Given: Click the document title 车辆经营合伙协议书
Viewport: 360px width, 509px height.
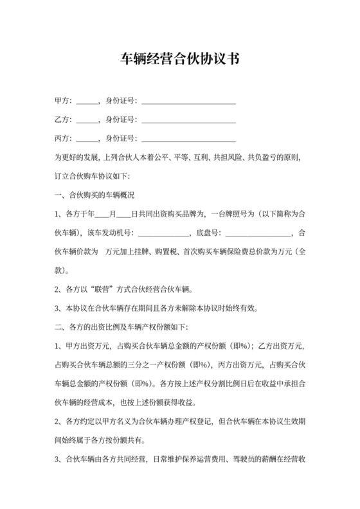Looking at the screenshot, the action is pyautogui.click(x=180, y=60).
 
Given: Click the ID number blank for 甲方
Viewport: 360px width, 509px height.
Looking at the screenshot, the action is pyautogui.click(x=188, y=101).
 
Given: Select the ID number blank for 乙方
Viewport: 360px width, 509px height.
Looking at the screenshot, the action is pyautogui.click(x=188, y=120).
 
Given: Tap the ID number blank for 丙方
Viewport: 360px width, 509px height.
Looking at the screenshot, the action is pyautogui.click(x=188, y=138).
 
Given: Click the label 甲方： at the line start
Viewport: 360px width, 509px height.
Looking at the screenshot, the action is pyautogui.click(x=64, y=101).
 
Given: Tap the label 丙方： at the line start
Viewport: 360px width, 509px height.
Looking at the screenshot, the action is pyautogui.click(x=64, y=138).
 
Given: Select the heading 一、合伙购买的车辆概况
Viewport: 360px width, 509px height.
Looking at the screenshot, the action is pyautogui.click(x=95, y=194).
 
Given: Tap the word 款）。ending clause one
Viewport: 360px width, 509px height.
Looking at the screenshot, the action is pyautogui.click(x=66, y=269).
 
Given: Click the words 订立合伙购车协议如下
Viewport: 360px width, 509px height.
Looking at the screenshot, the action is pyautogui.click(x=93, y=175).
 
